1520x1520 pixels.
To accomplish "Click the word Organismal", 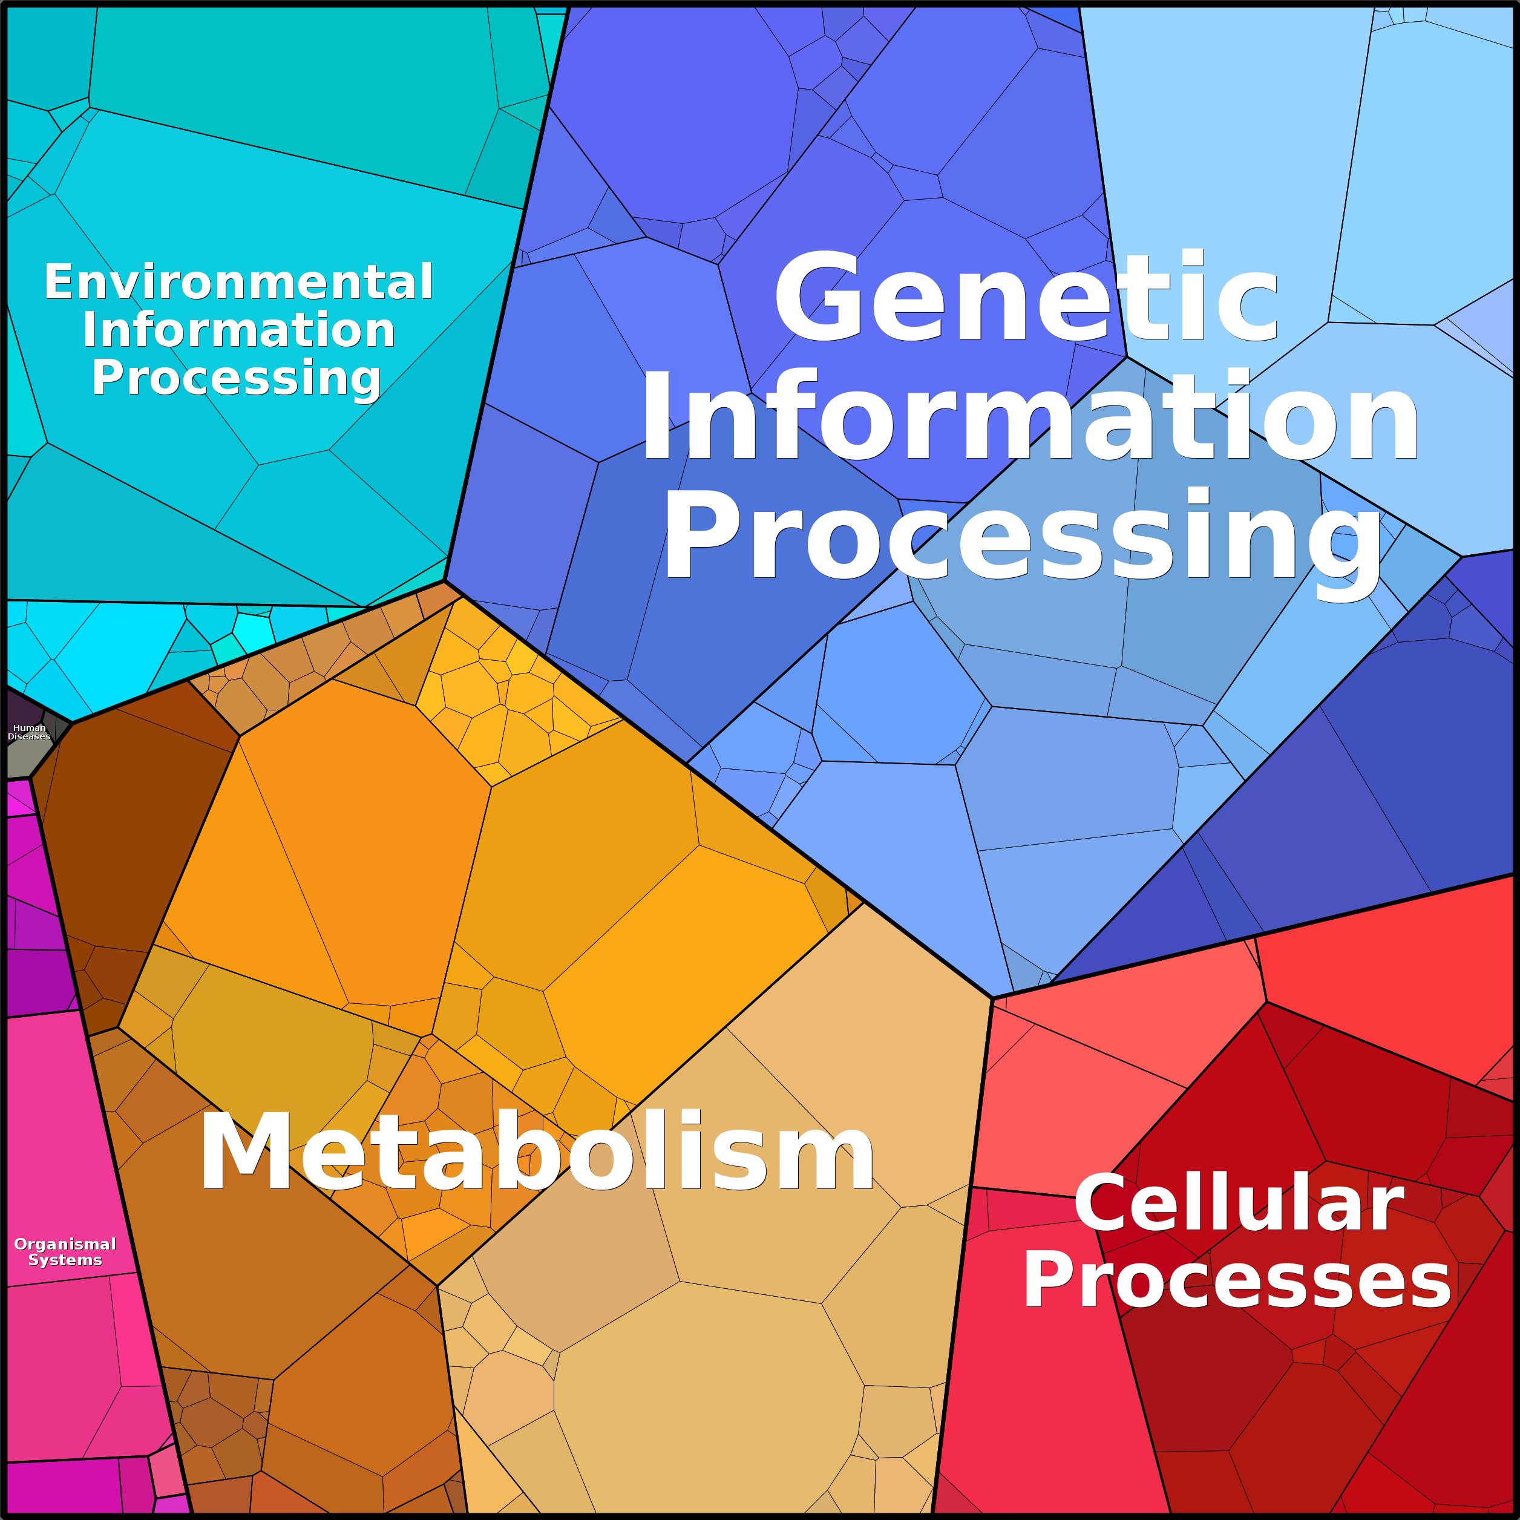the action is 65,1245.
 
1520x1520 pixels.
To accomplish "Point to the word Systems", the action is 65,1260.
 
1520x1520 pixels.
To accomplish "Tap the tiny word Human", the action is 30,728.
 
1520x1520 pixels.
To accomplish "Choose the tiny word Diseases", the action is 29,736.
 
